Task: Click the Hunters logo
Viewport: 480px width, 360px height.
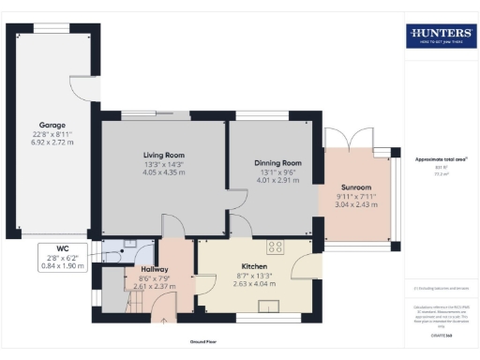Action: click(x=439, y=37)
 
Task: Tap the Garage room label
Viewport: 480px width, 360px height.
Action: click(x=51, y=125)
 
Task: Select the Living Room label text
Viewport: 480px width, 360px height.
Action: click(x=163, y=155)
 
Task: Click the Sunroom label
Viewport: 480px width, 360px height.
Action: click(x=355, y=187)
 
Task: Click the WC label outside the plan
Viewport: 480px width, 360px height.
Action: click(x=63, y=248)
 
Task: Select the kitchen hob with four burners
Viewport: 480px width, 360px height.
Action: click(x=277, y=247)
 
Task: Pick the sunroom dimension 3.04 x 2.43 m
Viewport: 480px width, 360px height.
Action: click(x=355, y=203)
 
